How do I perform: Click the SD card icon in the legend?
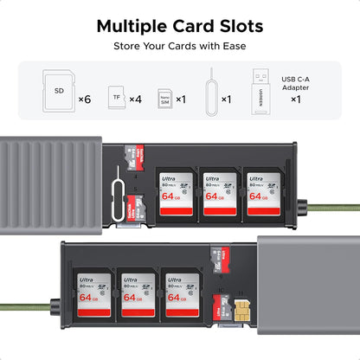[59, 91]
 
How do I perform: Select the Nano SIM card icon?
[164, 98]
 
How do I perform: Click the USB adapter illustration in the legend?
[262, 89]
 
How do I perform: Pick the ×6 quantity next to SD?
[85, 100]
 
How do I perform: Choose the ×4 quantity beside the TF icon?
[135, 100]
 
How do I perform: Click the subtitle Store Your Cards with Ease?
[179, 46]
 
